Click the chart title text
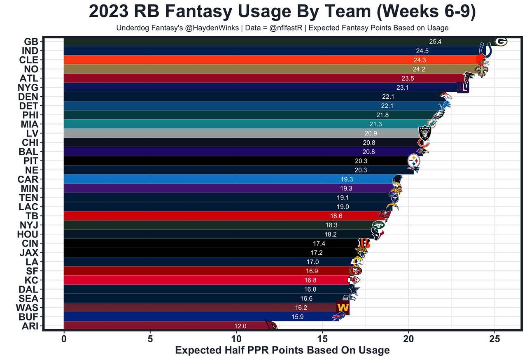tap(282, 12)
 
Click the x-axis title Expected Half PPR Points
tap(282, 350)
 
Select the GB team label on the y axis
tap(31, 42)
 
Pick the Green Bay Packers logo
tap(501, 42)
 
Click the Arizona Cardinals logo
tap(270, 325)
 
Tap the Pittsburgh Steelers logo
tap(414, 160)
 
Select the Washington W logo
tap(343, 307)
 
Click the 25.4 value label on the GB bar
tap(435, 42)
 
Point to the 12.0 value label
tap(240, 326)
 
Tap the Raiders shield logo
tap(424, 133)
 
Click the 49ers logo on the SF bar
tap(355, 271)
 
